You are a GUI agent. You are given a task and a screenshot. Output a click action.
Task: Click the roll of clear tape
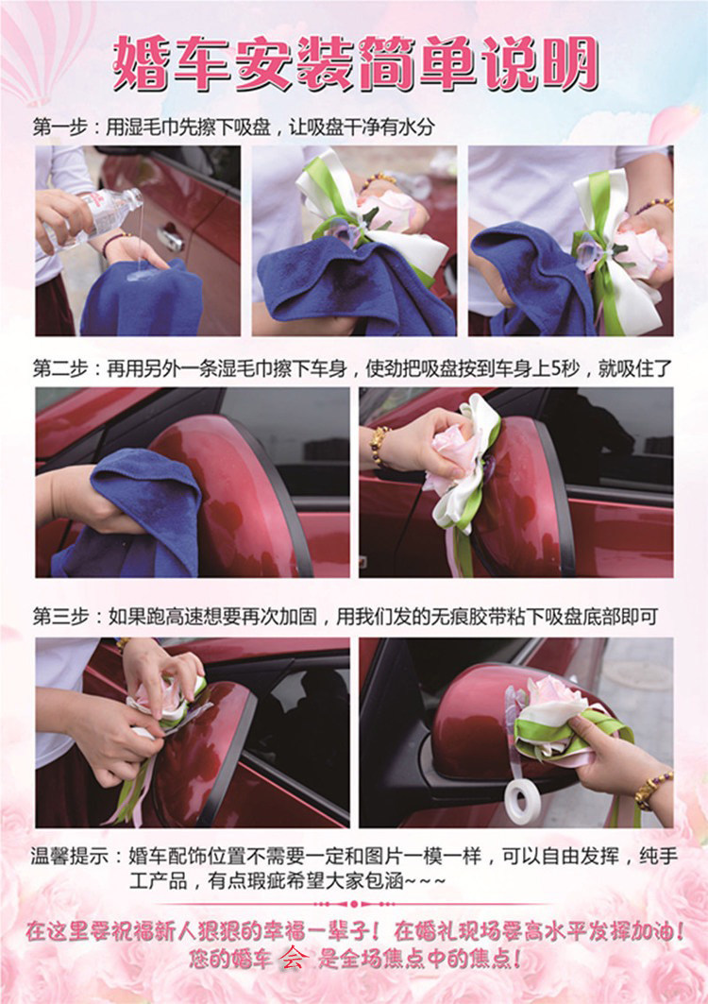523,800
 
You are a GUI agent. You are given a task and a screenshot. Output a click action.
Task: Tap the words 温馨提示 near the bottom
69,856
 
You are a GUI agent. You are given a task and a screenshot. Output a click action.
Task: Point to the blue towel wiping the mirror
128,512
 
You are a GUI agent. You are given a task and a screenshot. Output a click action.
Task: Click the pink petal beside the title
672,124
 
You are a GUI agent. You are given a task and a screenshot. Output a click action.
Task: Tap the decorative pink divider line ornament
354,904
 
